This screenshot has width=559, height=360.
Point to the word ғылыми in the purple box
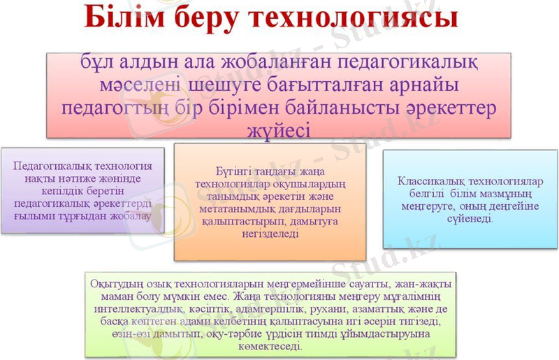(x=34, y=216)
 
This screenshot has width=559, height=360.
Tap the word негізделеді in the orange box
(x=269, y=233)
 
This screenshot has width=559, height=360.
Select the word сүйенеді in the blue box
(x=470, y=218)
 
